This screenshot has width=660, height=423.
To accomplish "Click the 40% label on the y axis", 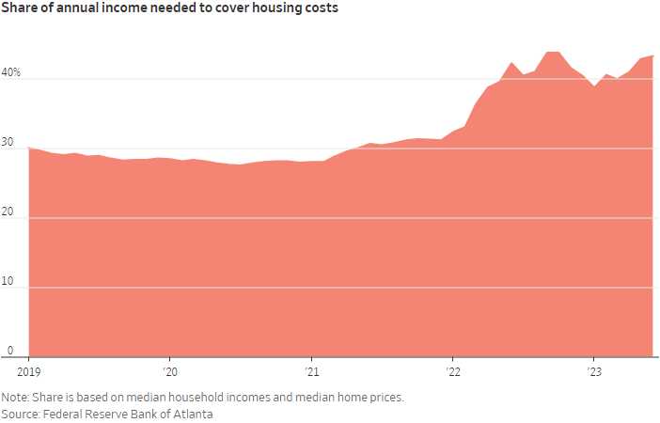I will (11, 72).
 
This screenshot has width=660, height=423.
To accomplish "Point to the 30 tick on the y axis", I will (8, 142).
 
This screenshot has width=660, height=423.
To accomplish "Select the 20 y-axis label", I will (8, 211).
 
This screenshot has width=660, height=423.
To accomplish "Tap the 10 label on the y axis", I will (8, 281).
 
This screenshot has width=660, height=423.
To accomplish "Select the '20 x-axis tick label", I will (169, 371).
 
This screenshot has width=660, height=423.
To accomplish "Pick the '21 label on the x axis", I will (311, 371).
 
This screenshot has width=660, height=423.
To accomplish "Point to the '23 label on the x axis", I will (593, 371).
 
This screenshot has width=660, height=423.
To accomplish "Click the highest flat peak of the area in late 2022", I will (553, 53).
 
